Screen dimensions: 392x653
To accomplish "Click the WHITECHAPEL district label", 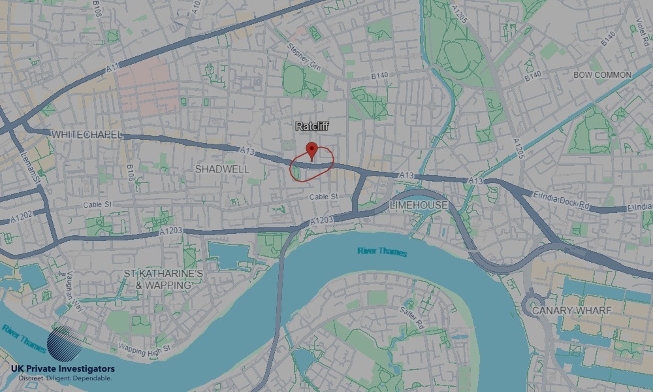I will point(86,134).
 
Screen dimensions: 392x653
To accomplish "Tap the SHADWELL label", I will point(222,169).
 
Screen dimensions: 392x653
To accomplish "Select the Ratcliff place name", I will point(311,126).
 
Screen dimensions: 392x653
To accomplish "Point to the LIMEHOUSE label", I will point(419,205).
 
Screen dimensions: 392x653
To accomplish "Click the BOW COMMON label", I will point(602,75).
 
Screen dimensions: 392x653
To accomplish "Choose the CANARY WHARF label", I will point(571,311).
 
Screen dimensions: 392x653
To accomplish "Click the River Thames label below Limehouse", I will point(382,252).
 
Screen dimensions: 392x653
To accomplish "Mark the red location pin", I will point(311,150).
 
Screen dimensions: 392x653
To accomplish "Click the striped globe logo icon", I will point(64,345).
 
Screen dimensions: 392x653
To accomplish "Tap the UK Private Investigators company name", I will point(63,369).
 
